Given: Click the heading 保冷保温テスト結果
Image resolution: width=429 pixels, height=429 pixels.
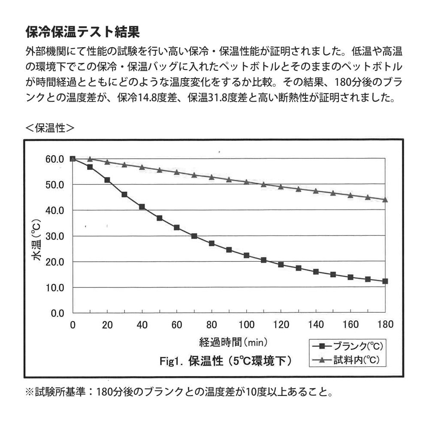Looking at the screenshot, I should click(x=83, y=32).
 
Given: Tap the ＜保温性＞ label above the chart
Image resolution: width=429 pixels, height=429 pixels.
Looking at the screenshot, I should click(x=50, y=127).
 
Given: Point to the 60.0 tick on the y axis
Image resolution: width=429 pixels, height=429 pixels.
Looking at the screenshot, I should click(x=54, y=159).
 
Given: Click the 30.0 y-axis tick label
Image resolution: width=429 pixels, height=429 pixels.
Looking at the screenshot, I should click(x=54, y=236).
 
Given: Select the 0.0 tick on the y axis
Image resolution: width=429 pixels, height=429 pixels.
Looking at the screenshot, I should click(x=57, y=313).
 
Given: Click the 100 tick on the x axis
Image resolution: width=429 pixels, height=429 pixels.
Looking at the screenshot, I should click(x=246, y=325).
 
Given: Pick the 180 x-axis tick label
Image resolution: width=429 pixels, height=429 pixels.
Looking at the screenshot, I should click(x=385, y=325).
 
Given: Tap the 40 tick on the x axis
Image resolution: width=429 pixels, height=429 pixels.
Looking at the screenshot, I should click(x=142, y=325).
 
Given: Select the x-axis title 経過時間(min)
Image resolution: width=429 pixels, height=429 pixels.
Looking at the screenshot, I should click(x=233, y=342).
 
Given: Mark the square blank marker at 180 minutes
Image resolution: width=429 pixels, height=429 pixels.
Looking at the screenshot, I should click(x=385, y=281).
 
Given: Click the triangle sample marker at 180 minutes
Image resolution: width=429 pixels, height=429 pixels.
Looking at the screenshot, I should click(x=385, y=199).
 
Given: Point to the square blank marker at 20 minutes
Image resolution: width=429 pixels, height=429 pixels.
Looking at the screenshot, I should click(x=107, y=180).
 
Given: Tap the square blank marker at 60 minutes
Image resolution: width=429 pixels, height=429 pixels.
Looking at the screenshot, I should click(x=177, y=227).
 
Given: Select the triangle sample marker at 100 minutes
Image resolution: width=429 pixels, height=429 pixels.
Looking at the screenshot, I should click(x=246, y=182).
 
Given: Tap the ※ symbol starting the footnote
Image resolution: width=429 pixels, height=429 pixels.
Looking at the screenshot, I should click(x=30, y=392).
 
